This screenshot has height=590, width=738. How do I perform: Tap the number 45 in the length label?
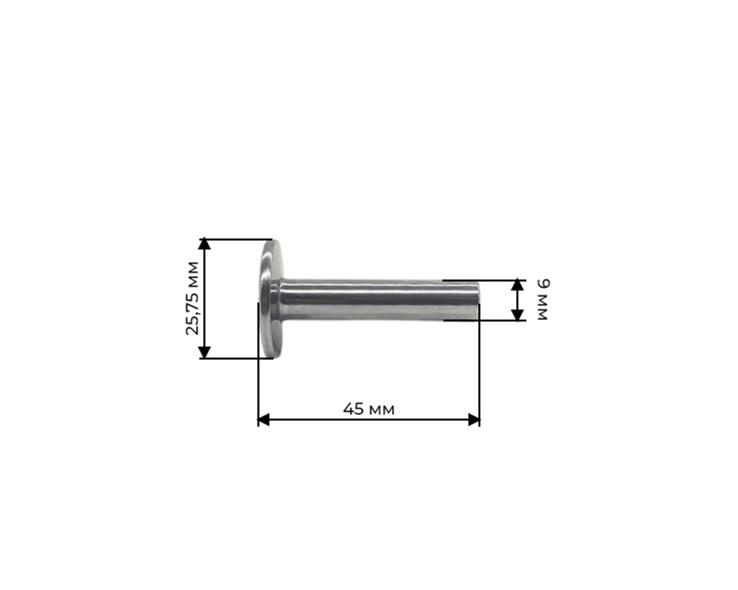[354, 409]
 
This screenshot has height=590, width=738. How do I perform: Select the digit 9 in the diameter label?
[544, 284]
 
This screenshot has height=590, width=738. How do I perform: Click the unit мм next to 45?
[381, 410]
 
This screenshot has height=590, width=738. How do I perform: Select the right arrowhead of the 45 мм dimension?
[474, 420]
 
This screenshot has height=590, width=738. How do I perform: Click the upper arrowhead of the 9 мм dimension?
[518, 285]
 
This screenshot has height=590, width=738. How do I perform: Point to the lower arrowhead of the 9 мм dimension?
[518, 315]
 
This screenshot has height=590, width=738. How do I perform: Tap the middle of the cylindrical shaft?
[376, 300]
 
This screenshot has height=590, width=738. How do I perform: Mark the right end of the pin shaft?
[476, 301]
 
